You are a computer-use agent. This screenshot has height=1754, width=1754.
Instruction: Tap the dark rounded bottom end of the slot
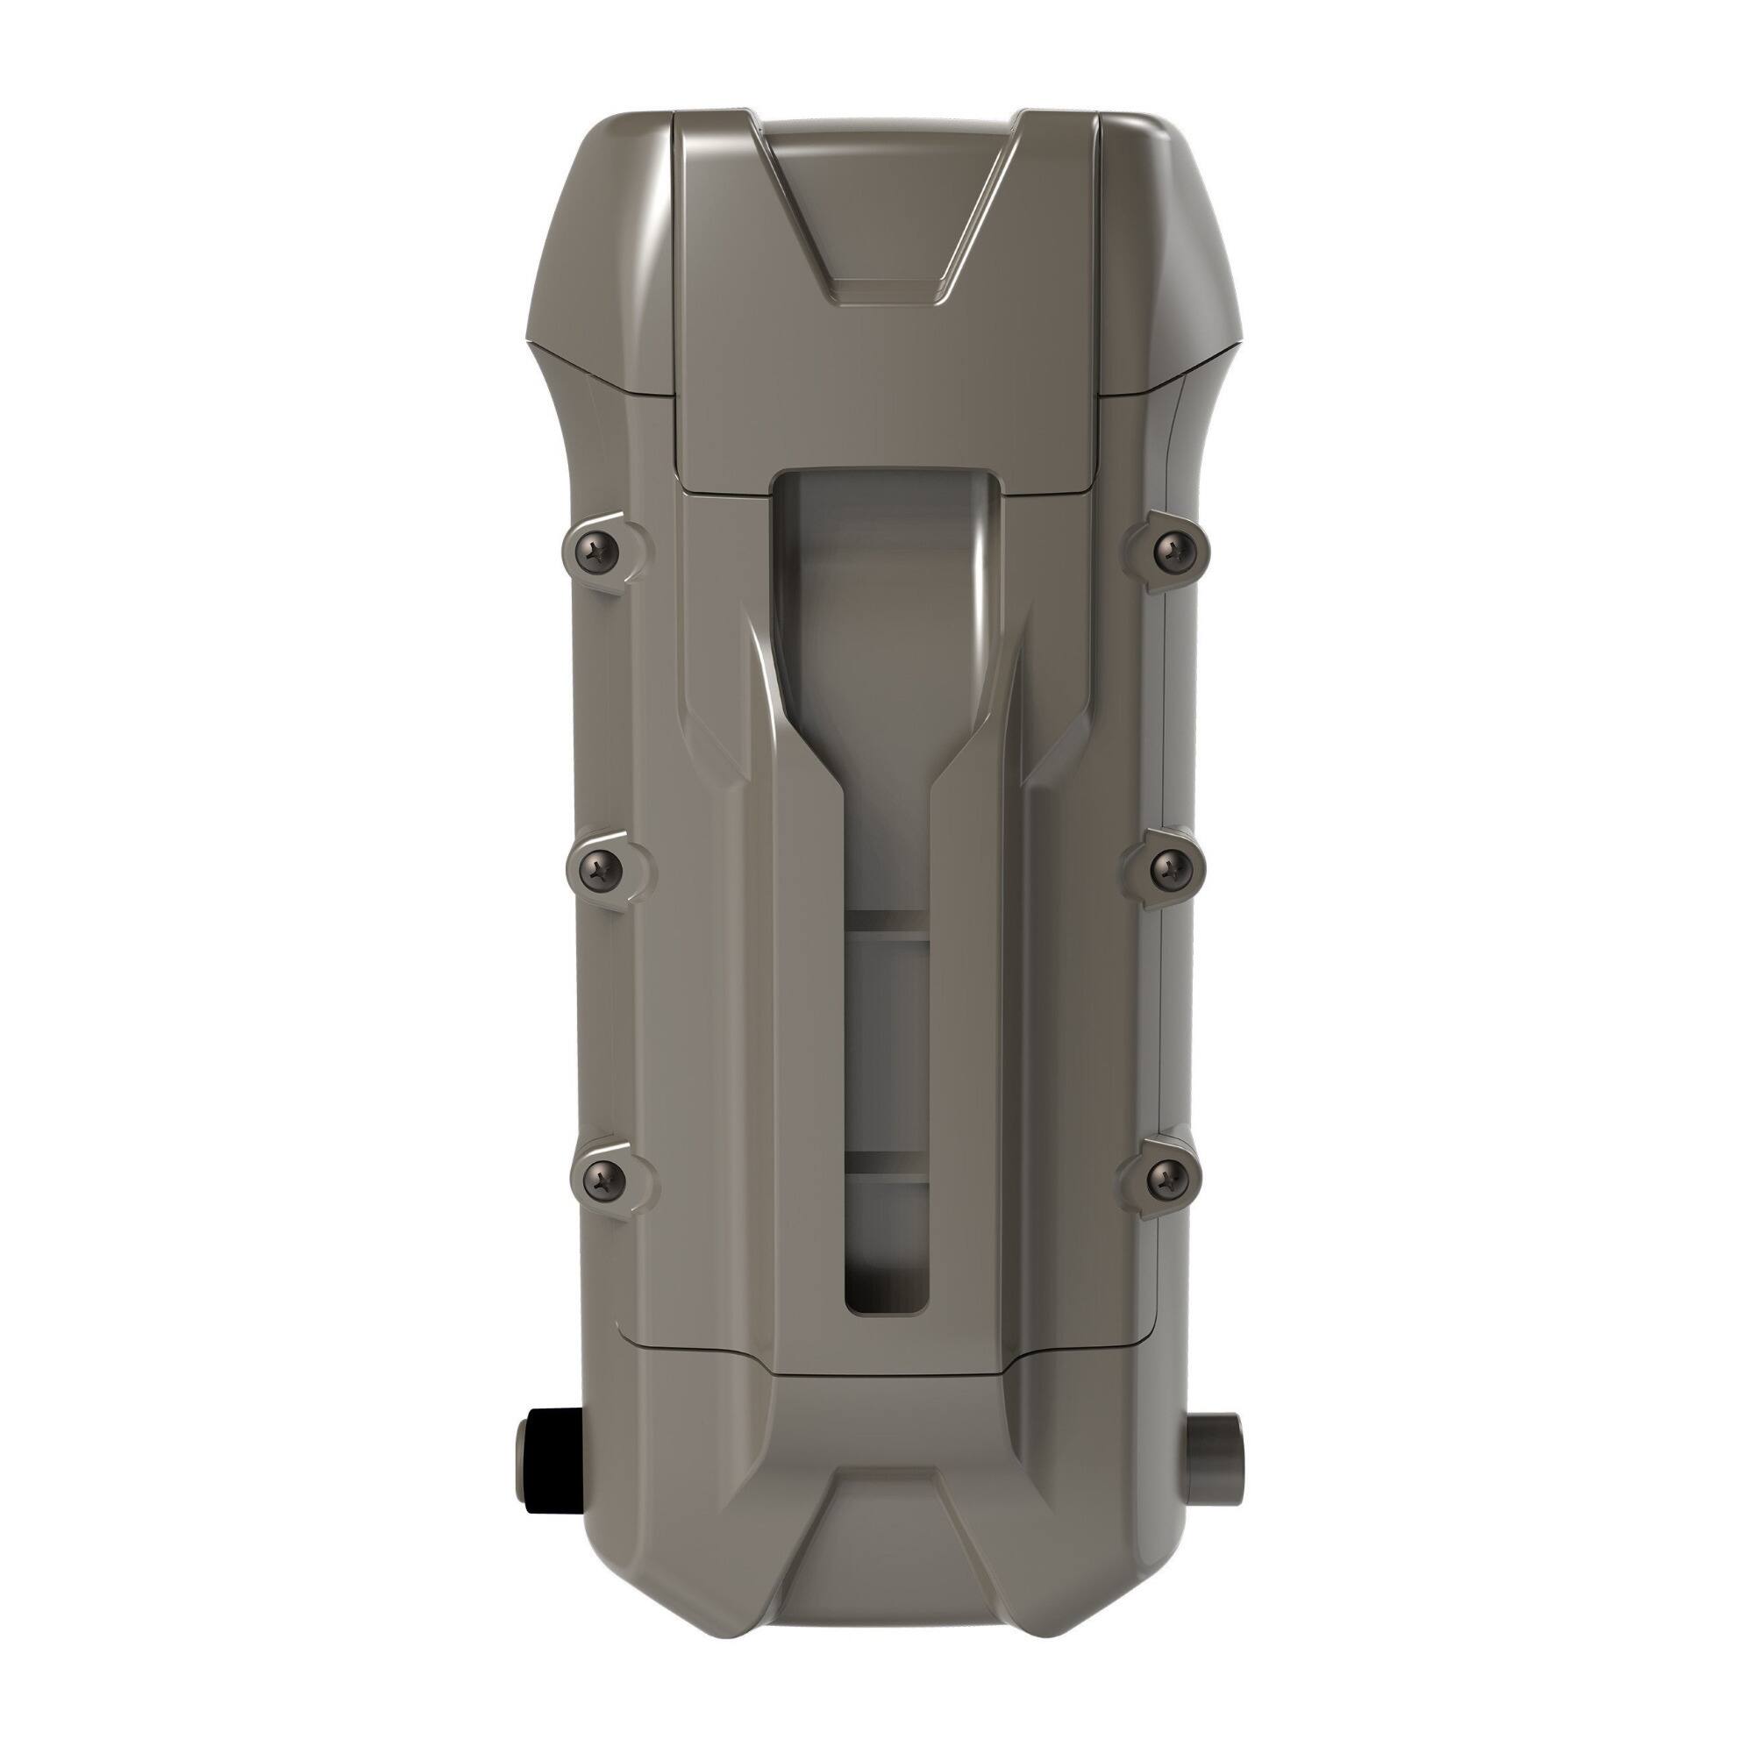(x=887, y=1294)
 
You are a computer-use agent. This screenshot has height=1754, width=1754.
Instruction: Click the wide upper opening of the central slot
(x=887, y=563)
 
